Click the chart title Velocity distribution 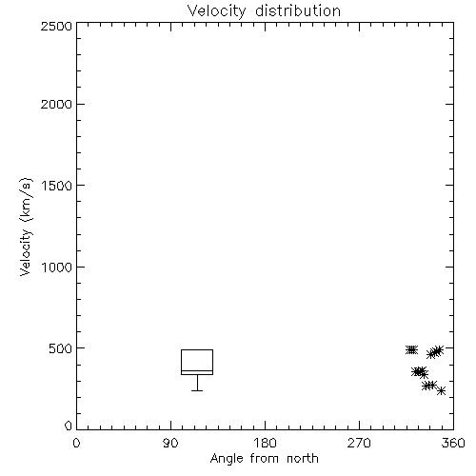tap(264, 11)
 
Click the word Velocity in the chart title tap(217, 11)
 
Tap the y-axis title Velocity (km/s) tap(26, 227)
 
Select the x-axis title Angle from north tap(264, 458)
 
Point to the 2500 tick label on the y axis tap(56, 26)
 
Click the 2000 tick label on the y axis tap(56, 104)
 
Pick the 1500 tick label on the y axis tap(57, 186)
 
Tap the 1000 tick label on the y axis tap(57, 268)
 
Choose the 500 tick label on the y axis tap(61, 348)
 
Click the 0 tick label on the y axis tap(69, 426)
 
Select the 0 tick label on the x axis tap(76, 443)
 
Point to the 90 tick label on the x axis tap(170, 443)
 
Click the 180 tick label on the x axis tap(265, 443)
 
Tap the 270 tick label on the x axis tap(359, 443)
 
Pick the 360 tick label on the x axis tap(453, 443)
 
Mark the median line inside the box tap(197, 370)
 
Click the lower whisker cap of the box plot tap(197, 390)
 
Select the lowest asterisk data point tap(441, 391)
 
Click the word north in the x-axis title tap(303, 458)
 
